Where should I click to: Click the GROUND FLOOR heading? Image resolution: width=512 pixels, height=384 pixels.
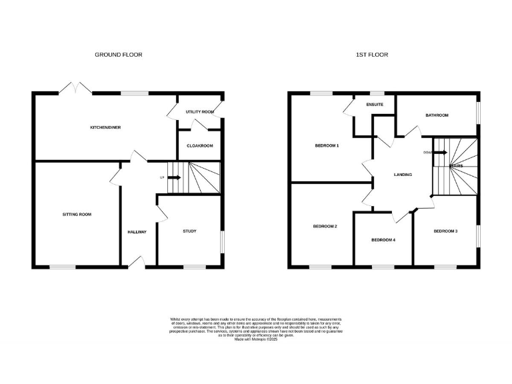(x=118, y=55)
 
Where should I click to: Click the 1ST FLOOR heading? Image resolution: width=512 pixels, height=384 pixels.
(x=371, y=55)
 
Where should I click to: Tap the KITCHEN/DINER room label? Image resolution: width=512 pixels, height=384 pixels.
(x=106, y=127)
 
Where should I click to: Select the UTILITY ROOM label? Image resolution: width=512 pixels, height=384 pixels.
(x=199, y=112)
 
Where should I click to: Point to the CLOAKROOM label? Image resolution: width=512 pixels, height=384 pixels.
(x=199, y=145)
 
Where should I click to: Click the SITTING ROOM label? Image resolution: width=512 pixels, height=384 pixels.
(x=77, y=215)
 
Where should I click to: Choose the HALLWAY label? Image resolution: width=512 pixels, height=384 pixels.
(x=137, y=232)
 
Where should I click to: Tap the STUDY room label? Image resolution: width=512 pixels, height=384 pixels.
(x=190, y=231)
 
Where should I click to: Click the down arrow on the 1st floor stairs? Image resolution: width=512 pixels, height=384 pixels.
(x=441, y=152)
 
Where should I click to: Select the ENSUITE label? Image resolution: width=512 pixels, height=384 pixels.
(x=375, y=105)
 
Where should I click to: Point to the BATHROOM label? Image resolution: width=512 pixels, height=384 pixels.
(x=437, y=115)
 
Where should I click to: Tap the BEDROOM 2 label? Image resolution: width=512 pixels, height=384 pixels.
(x=325, y=227)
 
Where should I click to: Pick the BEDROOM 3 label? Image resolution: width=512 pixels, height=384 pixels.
(x=445, y=231)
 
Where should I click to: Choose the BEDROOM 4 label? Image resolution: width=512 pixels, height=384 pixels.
(x=383, y=240)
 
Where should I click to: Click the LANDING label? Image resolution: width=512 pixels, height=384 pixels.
(x=403, y=175)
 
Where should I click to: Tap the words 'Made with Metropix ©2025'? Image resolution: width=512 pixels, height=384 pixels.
(x=256, y=339)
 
